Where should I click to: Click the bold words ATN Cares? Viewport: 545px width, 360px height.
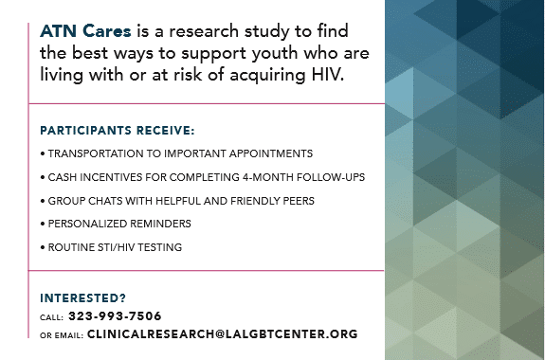pyautogui.click(x=85, y=31)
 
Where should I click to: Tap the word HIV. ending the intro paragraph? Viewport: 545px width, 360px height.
pyautogui.click(x=327, y=74)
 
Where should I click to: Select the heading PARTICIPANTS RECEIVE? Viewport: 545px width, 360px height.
pyautogui.click(x=118, y=131)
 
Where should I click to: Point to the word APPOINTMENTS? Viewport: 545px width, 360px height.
pyautogui.click(x=271, y=153)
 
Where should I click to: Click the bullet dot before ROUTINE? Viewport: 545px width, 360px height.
pyautogui.click(x=43, y=247)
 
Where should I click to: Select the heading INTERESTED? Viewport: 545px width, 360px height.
pyautogui.click(x=82, y=298)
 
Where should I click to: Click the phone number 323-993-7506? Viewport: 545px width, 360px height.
pyautogui.click(x=115, y=315)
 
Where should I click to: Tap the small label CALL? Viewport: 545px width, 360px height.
pyautogui.click(x=51, y=317)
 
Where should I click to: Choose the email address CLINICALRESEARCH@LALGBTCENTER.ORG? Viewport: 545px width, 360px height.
pyautogui.click(x=223, y=333)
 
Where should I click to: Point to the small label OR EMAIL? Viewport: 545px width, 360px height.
pyautogui.click(x=62, y=335)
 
